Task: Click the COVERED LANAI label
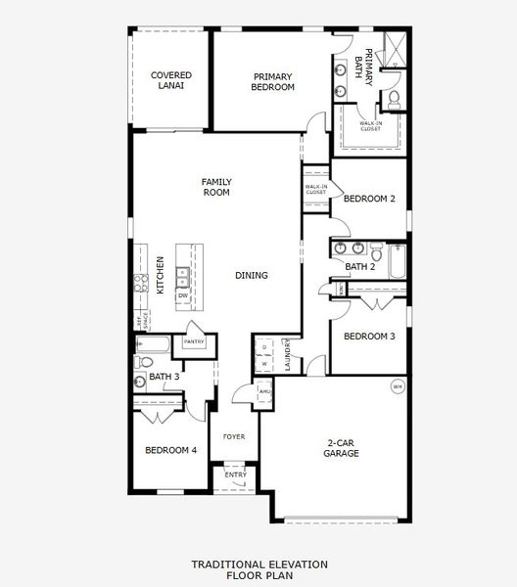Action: coord(168,80)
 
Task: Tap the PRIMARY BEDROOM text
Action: coord(273,82)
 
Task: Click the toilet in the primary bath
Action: coord(394,99)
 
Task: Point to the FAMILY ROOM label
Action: coord(215,187)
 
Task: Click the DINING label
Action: coord(252,276)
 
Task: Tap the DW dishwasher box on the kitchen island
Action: coord(183,294)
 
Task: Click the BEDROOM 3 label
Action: coord(368,337)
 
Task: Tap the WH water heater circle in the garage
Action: coord(398,386)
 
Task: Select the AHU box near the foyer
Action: coord(264,391)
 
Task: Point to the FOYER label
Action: coord(233,436)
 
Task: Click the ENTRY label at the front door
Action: coord(235,474)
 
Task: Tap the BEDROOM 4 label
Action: coord(170,451)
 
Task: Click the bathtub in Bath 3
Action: coord(155,343)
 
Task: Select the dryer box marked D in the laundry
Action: coord(264,346)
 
